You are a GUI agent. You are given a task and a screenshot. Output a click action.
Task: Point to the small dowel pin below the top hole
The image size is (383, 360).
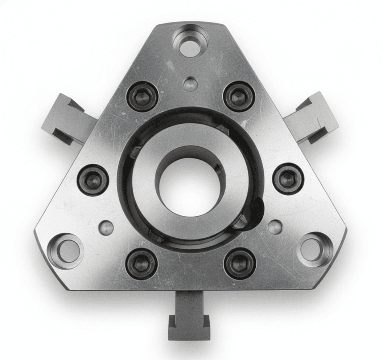pos(190,84)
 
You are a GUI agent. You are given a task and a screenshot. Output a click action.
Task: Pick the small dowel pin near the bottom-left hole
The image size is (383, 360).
pos(106,228)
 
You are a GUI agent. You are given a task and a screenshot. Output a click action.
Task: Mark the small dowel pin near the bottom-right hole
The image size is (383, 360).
pos(275,227)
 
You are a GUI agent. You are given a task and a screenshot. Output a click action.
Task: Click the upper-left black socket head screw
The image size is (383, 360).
pos(142,97)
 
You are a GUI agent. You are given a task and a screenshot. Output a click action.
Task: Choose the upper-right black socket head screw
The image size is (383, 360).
pos(239,96)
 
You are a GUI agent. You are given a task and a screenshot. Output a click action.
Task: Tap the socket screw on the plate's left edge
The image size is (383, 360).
pos(93,180)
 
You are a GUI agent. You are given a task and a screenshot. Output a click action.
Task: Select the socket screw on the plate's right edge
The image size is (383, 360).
pos(288,179)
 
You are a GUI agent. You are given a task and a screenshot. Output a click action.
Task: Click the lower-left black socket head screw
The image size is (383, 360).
pos(141,263)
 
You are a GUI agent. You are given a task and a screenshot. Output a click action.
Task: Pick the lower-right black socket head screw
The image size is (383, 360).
pos(240,263)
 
